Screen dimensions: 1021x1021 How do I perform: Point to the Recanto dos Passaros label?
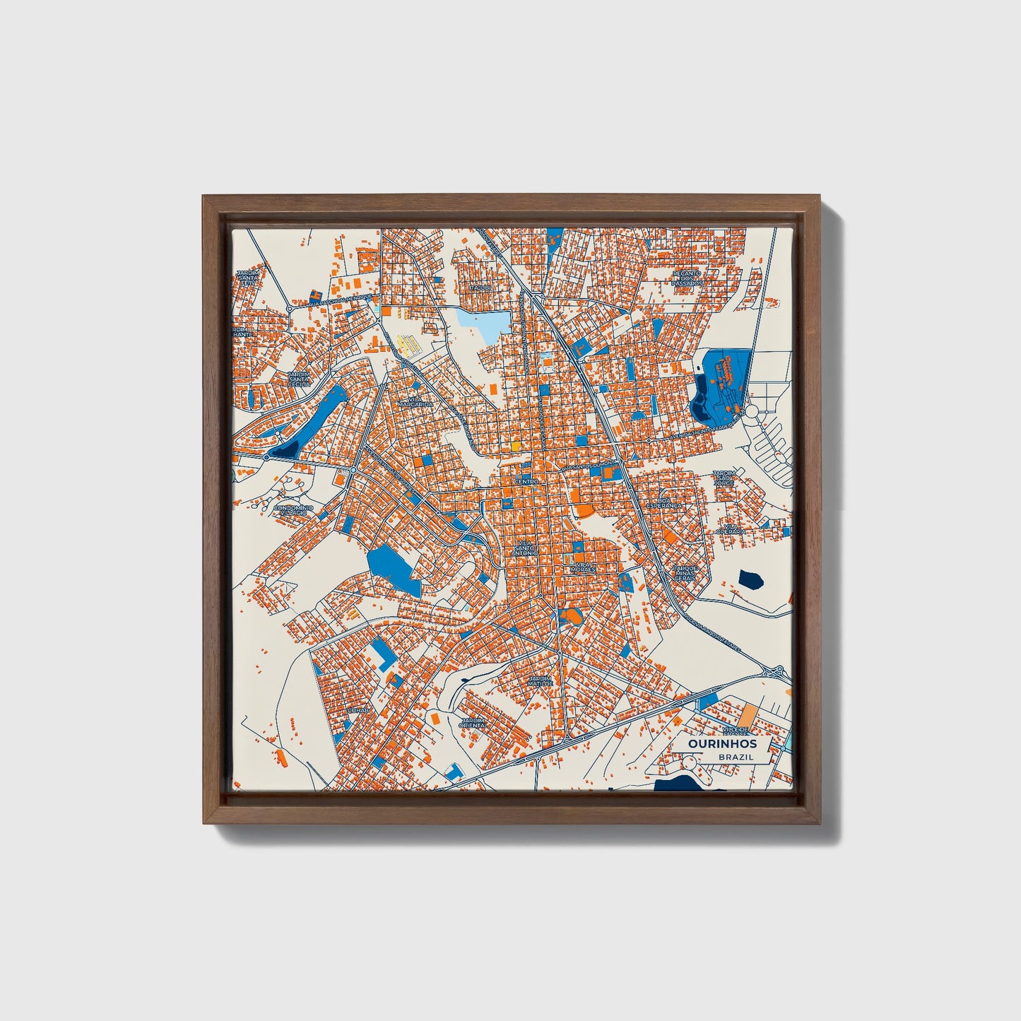(x=687, y=278)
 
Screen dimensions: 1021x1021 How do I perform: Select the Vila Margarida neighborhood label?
(x=415, y=401)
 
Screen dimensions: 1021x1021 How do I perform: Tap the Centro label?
(x=526, y=481)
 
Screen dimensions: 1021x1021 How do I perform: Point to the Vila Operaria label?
(x=731, y=529)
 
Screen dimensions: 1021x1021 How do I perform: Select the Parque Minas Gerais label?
(x=685, y=573)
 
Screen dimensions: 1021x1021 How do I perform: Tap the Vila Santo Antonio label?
(x=526, y=548)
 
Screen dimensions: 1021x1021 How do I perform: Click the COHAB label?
(x=358, y=709)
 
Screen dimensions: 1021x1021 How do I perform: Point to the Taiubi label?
(x=481, y=288)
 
